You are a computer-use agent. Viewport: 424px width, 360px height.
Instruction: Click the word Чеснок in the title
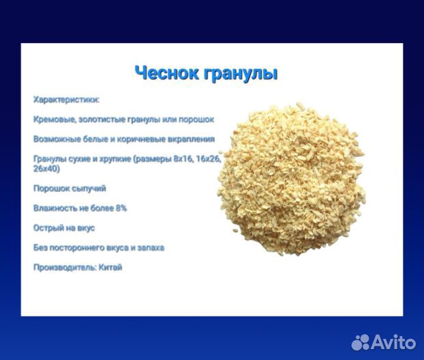[x=166, y=74]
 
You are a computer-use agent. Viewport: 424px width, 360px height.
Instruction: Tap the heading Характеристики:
[x=66, y=99]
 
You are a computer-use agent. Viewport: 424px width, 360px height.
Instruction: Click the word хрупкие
[x=112, y=158]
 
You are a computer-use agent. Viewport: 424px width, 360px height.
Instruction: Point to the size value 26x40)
[x=47, y=168]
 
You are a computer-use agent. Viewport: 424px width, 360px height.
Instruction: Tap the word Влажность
[x=56, y=208]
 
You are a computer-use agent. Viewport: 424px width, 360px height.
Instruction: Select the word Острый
[x=48, y=227]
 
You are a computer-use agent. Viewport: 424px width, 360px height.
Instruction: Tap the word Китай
[x=109, y=267]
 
